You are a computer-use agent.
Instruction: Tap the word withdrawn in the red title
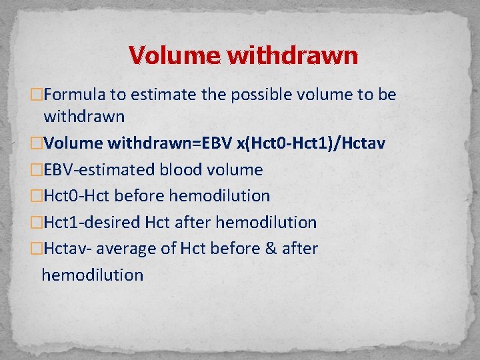pos(293,55)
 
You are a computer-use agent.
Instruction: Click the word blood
pos(178,170)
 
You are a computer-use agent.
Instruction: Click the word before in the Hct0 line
pos(139,196)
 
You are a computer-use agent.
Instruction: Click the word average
pos(127,249)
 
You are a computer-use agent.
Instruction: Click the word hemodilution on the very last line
pos(93,275)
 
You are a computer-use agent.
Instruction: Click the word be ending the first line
pos(387,95)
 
